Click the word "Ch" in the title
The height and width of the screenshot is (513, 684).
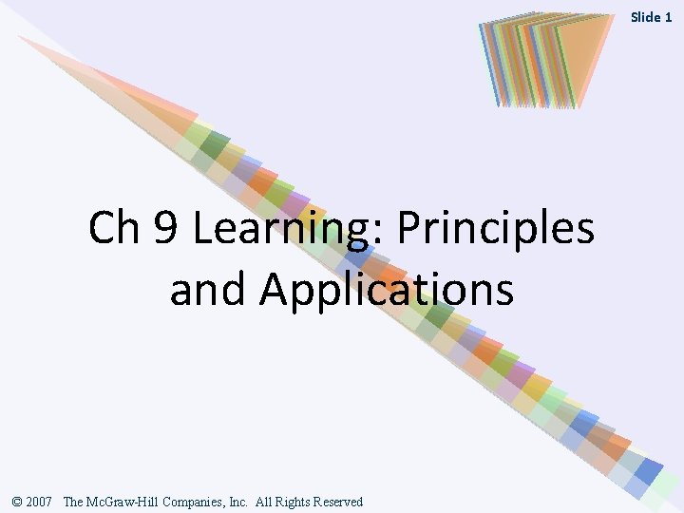pos(114,228)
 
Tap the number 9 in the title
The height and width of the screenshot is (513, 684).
pos(165,228)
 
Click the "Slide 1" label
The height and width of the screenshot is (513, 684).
pos(652,17)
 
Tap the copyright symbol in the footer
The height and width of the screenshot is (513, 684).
pos(18,501)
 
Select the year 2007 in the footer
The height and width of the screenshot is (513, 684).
pos(42,501)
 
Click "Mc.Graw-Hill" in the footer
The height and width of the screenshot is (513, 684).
pos(116,501)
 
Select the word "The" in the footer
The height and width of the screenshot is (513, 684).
pos(72,501)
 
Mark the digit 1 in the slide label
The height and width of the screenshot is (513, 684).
pos(669,17)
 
